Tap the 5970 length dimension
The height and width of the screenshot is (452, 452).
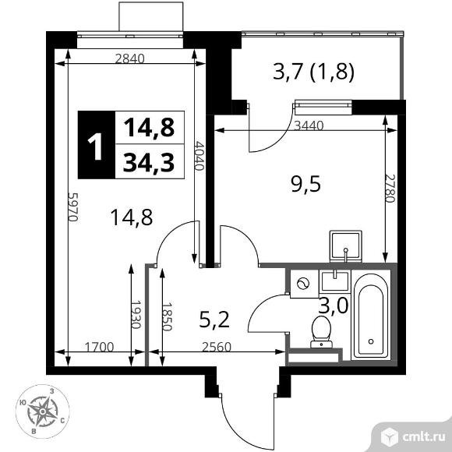(x=74, y=208)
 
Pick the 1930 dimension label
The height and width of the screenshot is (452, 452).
(x=134, y=315)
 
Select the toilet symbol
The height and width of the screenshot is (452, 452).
(x=321, y=330)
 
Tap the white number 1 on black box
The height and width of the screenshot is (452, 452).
(x=97, y=146)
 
